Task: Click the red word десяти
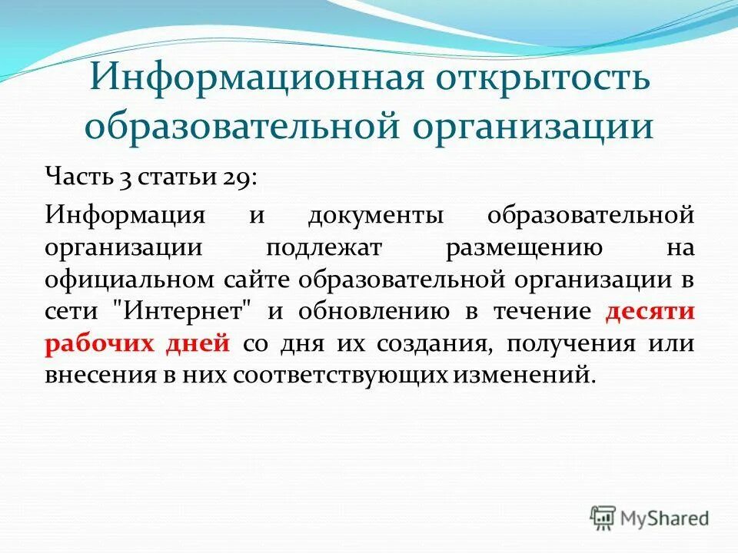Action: (x=650, y=312)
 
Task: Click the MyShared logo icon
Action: (x=603, y=518)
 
